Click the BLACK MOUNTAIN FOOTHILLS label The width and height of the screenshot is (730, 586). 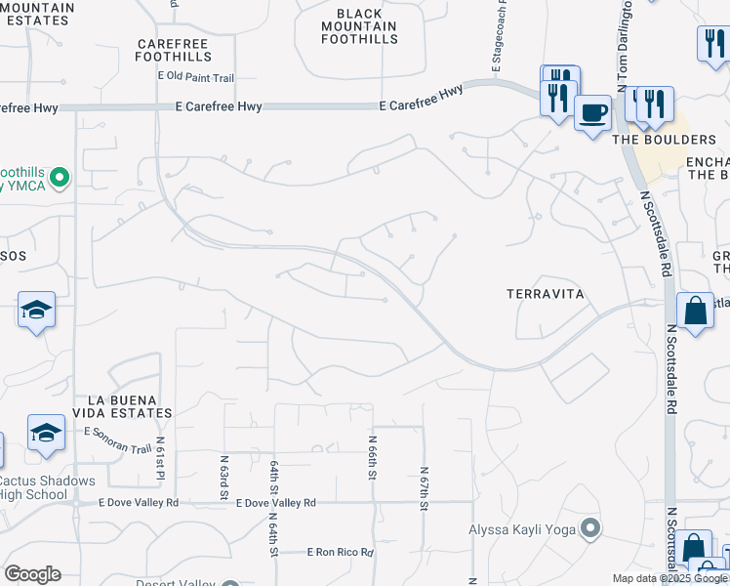click(359, 26)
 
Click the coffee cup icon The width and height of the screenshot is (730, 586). click(592, 112)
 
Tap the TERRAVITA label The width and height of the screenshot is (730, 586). click(545, 293)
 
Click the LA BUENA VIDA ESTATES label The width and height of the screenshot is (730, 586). click(129, 407)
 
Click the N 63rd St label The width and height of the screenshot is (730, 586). click(223, 476)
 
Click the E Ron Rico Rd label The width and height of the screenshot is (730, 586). click(340, 552)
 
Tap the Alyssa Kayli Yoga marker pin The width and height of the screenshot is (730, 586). click(590, 528)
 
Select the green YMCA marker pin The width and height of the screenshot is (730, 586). click(60, 177)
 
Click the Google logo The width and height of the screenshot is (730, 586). click(32, 574)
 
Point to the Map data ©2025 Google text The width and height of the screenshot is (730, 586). click(669, 578)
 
